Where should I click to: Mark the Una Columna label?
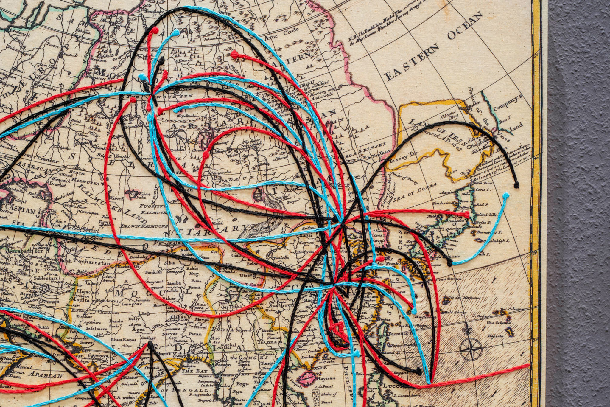click(499, 323)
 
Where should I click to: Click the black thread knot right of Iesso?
click(516, 185)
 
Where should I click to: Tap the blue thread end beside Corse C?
click(505, 195)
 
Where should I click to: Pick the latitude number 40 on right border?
click(536, 159)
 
